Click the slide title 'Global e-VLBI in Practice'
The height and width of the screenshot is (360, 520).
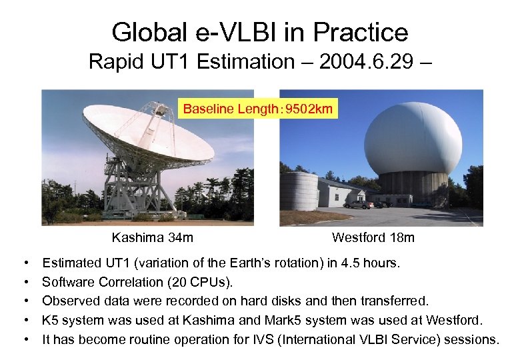pyautogui.click(x=260, y=32)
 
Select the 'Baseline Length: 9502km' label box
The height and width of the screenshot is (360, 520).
pyautogui.click(x=258, y=109)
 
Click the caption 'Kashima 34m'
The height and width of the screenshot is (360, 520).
pyautogui.click(x=153, y=237)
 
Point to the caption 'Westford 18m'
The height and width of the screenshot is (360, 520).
pyautogui.click(x=373, y=237)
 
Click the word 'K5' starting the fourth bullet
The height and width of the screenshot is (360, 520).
pyautogui.click(x=51, y=321)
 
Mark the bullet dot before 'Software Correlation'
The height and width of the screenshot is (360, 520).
pyautogui.click(x=25, y=283)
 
